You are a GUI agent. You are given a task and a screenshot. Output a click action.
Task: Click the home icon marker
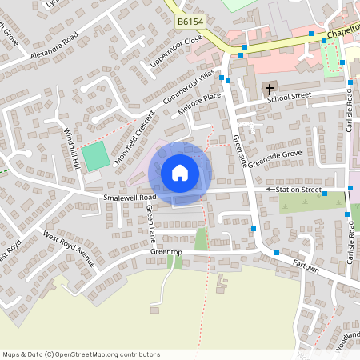[x=180, y=172]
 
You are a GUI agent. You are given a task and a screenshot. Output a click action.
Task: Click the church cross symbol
[x=270, y=88]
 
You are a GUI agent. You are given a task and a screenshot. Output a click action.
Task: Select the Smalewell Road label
[x=129, y=197]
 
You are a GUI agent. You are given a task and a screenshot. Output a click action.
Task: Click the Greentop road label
[x=166, y=252]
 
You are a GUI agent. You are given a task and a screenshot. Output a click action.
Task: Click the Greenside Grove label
[x=274, y=158]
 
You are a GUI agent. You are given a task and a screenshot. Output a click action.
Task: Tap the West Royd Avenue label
[x=69, y=250]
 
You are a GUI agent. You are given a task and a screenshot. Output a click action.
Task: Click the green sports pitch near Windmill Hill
[x=95, y=155]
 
